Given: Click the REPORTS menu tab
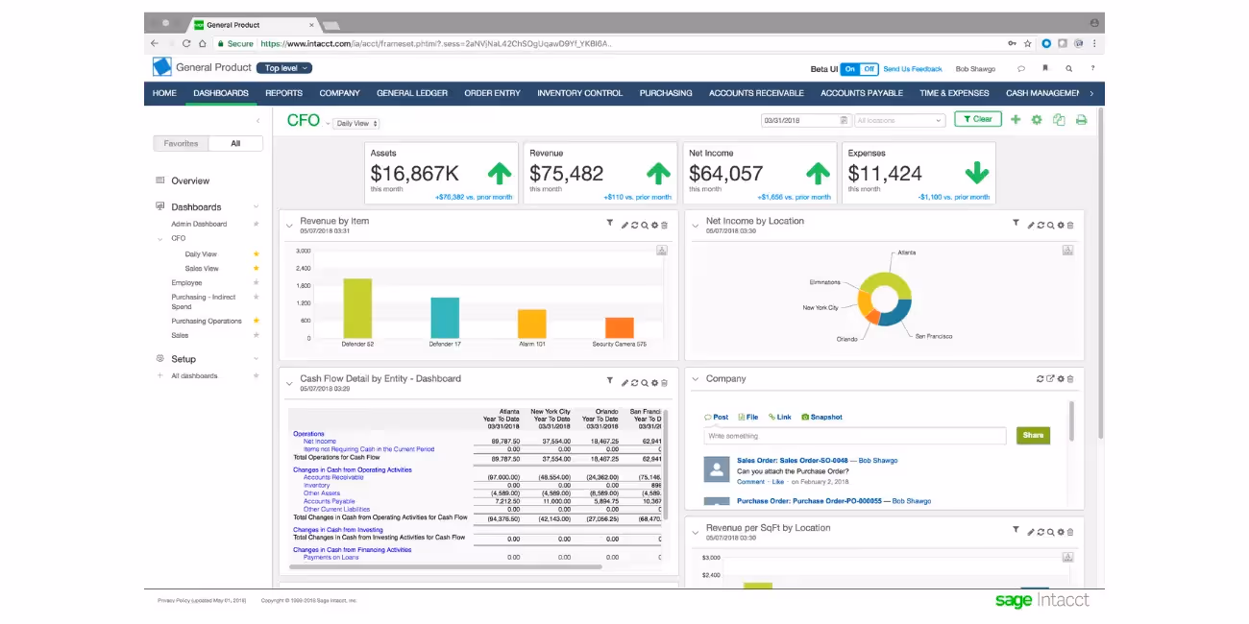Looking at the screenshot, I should [283, 93].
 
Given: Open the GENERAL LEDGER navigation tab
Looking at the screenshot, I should [411, 93].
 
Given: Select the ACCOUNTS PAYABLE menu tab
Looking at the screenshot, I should [861, 93].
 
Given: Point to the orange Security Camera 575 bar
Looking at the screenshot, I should [619, 327].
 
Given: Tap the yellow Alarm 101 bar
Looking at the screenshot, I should [531, 324].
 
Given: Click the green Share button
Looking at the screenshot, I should [1033, 435].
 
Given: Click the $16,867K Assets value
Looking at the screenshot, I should [414, 174].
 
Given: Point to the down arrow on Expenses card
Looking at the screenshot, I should [976, 173].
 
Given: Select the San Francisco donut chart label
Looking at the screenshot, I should [933, 337].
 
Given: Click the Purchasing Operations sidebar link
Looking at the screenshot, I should [207, 321].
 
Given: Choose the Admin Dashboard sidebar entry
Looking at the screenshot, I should [199, 224].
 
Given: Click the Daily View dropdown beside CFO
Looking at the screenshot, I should [355, 124].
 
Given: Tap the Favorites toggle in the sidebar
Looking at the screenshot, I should [181, 143].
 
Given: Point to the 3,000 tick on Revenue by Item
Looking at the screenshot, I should [303, 251].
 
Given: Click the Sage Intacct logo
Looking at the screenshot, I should [1041, 601].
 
